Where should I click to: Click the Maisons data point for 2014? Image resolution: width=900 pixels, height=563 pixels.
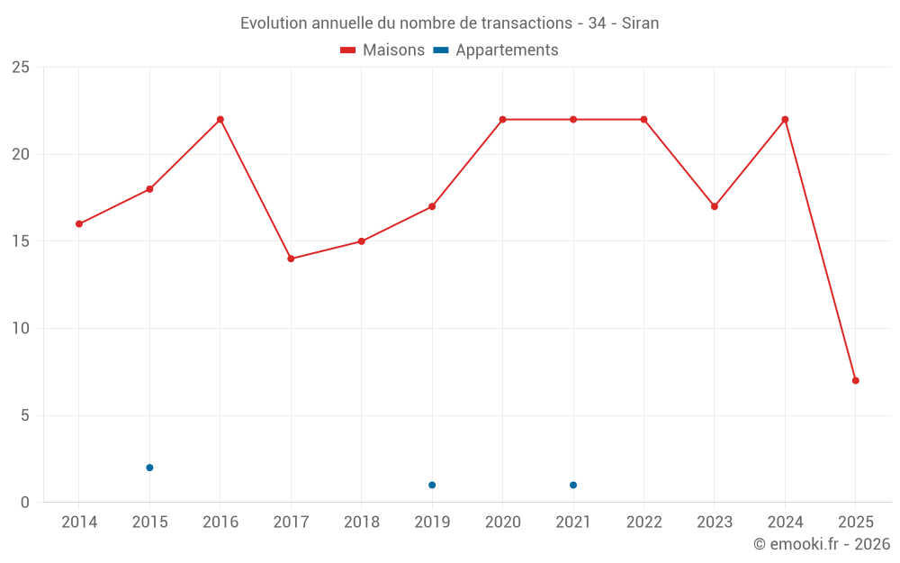79,223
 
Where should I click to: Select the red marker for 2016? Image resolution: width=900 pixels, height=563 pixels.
220,120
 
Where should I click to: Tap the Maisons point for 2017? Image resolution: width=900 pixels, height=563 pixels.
291,259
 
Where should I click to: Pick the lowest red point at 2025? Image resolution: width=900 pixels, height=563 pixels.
856,380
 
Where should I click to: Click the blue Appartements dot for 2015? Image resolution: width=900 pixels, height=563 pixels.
149,468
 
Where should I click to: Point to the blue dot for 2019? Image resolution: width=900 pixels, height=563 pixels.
432,485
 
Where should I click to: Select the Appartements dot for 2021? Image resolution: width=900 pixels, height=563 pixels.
573,485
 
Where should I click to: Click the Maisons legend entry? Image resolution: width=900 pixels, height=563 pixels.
382,50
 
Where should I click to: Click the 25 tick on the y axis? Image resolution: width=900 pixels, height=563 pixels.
21,68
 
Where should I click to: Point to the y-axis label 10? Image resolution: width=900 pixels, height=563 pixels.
21,329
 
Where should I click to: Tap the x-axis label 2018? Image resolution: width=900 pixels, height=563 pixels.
361,522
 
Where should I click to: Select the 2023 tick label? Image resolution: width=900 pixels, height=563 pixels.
715,522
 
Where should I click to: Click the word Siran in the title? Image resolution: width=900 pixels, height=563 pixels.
640,23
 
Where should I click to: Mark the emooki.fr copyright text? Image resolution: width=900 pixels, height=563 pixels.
822,544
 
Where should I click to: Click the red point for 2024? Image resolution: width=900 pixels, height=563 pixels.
785,120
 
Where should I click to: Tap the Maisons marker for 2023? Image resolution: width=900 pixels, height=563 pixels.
715,206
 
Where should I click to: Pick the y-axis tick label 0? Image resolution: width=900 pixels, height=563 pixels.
25,503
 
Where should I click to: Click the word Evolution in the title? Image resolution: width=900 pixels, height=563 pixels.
274,23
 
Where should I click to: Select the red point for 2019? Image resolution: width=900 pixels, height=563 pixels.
432,206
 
